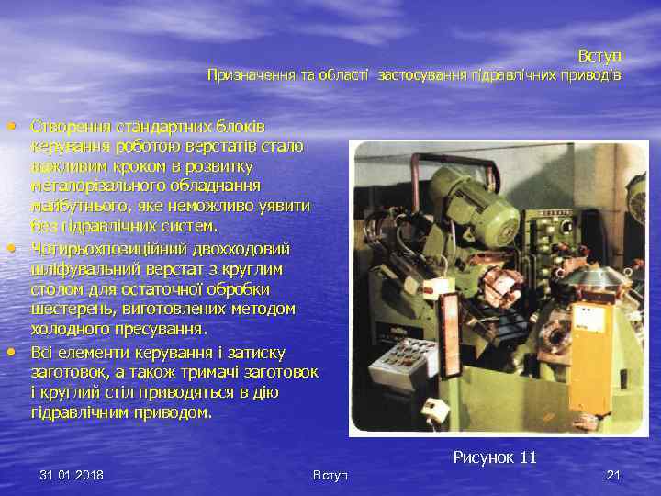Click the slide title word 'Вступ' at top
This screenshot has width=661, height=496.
pyautogui.click(x=599, y=56)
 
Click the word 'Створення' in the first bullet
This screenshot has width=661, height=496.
pyautogui.click(x=69, y=125)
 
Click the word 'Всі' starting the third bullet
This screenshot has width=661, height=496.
pyautogui.click(x=42, y=354)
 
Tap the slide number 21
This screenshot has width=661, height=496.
pyautogui.click(x=614, y=475)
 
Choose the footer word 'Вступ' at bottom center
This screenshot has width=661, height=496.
pyautogui.click(x=330, y=475)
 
